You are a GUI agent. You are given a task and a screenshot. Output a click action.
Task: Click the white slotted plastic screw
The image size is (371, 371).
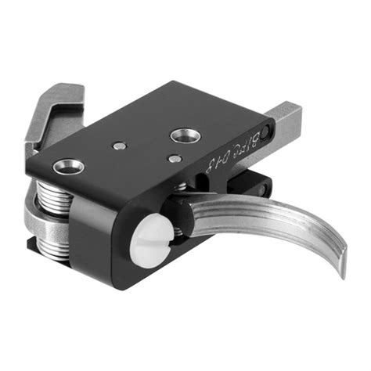click(153, 231)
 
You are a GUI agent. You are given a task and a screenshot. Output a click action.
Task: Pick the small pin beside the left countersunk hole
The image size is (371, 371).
click(117, 146)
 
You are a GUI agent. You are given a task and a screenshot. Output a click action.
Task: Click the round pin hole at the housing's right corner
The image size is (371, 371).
click(269, 130)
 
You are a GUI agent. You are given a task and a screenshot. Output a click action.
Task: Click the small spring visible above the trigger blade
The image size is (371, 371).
click(182, 187)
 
